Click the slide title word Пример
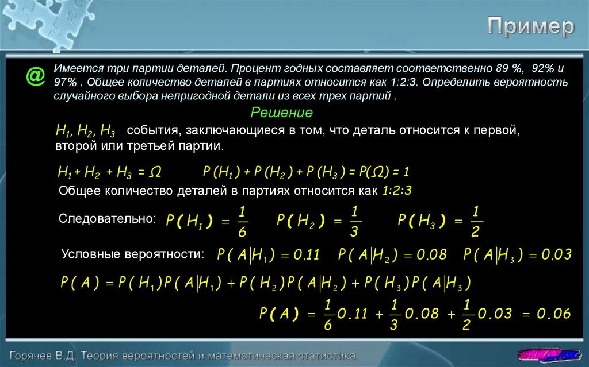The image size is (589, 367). pos(531,26)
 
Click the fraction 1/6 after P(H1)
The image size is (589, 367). pos(243,221)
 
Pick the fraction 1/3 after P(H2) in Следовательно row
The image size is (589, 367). pos(355,221)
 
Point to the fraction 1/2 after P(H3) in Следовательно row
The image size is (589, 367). pos(476,221)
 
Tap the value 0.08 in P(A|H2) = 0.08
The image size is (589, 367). pos(431,255)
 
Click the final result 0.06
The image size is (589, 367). pos(554,314)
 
